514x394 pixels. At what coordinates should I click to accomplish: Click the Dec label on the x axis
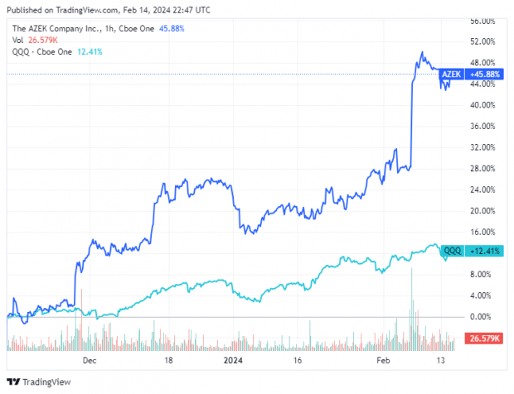pyautogui.click(x=90, y=361)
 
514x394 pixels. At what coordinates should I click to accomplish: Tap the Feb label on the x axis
pyautogui.click(x=383, y=361)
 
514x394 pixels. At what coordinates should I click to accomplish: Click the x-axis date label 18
pyautogui.click(x=168, y=361)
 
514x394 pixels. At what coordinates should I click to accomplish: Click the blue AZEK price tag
pyautogui.click(x=450, y=74)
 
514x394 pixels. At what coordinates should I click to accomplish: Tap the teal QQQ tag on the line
pyautogui.click(x=453, y=250)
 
